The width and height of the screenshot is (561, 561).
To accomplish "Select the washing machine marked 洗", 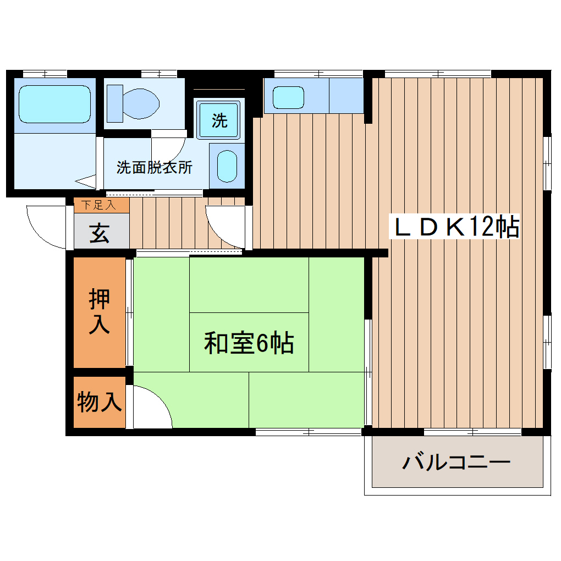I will tap(219, 120).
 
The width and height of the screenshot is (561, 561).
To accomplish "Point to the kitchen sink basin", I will tap(288, 97).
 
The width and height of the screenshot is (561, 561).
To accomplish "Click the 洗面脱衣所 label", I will tap(154, 167).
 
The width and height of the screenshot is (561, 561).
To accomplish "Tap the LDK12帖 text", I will tap(454, 227).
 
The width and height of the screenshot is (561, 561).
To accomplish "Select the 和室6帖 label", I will tap(249, 344).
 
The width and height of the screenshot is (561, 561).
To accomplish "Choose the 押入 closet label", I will tap(100, 312).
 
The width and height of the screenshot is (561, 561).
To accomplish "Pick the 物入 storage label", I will tap(99, 402).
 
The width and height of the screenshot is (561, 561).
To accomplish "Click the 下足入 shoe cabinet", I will tap(98, 206).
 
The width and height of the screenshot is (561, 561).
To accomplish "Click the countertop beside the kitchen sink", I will tap(346, 96).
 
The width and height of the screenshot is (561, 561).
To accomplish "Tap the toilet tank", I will tap(114, 103).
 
